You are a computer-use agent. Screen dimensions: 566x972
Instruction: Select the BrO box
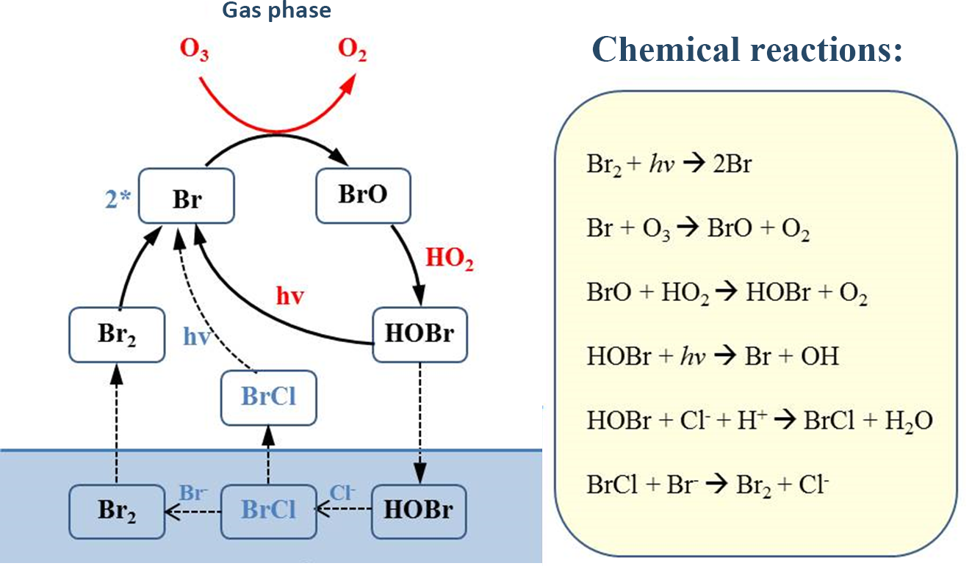362,195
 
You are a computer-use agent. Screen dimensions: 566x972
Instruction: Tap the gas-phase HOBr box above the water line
420,334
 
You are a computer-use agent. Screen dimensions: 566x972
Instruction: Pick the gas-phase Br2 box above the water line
117,334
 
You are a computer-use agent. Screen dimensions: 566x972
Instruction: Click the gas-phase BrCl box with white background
269,397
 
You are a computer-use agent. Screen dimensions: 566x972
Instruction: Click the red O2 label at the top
352,51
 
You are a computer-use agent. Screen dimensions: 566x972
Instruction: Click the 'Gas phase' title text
278,10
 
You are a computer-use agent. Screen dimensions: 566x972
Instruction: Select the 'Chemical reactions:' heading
746,49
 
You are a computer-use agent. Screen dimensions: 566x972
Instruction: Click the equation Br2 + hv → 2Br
669,164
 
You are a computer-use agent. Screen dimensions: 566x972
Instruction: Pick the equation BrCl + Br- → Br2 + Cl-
708,485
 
